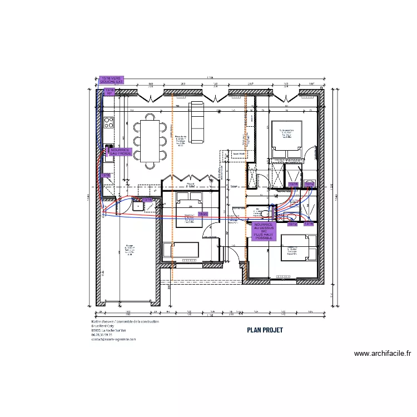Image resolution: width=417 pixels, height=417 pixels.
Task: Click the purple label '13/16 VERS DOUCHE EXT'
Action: point(111,80)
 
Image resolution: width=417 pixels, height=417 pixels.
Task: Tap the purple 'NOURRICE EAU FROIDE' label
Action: point(120,151)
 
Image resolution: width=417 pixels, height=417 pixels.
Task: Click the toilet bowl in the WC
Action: point(265,212)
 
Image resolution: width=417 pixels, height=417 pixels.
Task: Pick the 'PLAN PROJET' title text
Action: point(265,330)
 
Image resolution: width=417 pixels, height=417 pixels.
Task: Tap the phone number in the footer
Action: point(106,335)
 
